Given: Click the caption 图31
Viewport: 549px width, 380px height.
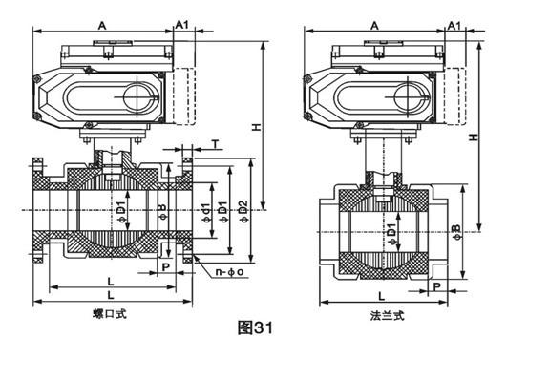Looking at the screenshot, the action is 255,328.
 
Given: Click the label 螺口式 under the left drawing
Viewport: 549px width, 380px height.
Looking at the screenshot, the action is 110,313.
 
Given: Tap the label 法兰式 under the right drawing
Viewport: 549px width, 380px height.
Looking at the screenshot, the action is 388,316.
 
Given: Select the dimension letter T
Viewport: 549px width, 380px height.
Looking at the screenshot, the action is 216,143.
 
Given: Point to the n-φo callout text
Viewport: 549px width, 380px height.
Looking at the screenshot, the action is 230,272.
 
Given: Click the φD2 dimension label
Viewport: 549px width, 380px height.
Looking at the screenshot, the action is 243,211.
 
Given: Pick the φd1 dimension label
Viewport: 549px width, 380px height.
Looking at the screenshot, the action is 206,212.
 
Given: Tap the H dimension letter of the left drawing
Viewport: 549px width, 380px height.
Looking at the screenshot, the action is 258,127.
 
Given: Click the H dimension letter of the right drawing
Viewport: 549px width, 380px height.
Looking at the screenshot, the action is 474,137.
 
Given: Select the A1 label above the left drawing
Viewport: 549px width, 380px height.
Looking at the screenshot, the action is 181,24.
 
